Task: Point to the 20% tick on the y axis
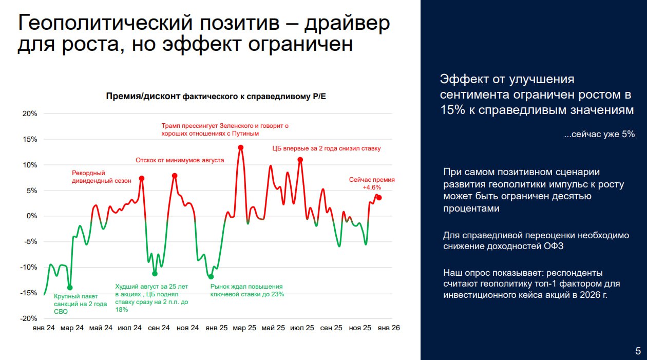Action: point(30,114)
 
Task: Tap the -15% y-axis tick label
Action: point(29,293)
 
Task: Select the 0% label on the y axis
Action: point(31,216)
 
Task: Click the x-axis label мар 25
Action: point(244,328)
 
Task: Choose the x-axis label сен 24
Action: point(159,328)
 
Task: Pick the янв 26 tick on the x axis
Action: point(388,328)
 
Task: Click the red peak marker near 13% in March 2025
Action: point(240,148)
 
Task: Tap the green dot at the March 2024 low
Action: point(70,288)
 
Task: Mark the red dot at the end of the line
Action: point(379,198)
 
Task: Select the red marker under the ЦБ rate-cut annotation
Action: point(300,160)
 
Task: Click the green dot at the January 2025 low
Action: point(211,277)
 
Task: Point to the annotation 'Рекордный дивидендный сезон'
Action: point(102,177)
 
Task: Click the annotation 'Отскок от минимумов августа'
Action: point(180,160)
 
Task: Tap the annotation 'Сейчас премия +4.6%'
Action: point(372,184)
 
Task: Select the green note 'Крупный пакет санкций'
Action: point(80,304)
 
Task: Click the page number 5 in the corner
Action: point(638,351)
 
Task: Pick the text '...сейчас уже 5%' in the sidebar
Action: point(599,134)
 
